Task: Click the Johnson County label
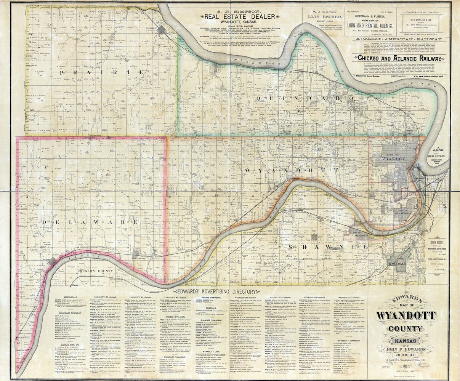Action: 94,272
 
